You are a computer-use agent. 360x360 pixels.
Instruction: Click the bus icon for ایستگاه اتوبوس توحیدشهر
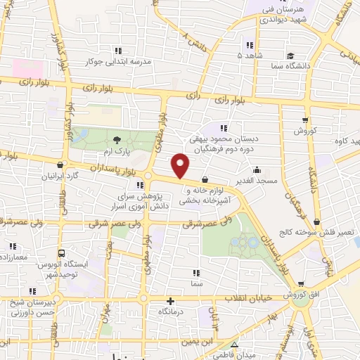point(62,254)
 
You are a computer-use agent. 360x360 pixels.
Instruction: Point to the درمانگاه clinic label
point(175,310)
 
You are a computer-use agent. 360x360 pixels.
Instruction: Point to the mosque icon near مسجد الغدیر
point(257,169)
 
